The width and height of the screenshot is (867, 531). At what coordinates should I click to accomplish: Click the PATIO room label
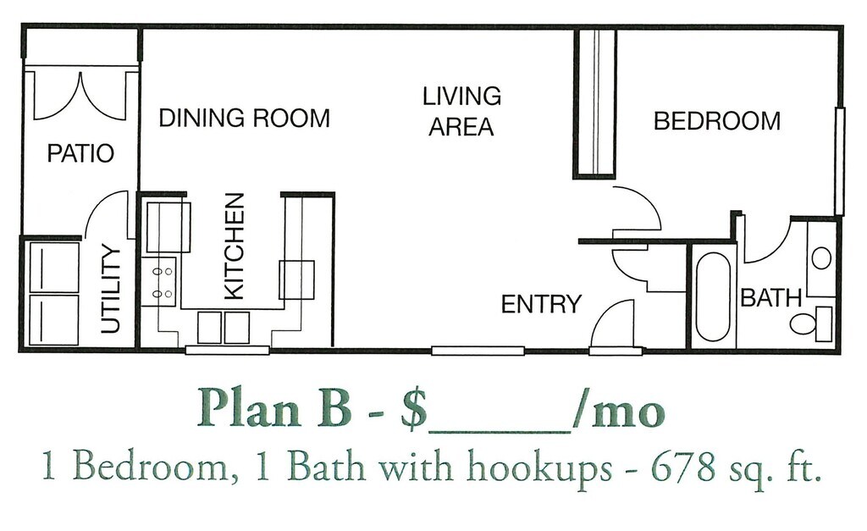coord(80,154)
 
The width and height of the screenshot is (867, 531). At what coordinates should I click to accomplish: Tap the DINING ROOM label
coord(244,118)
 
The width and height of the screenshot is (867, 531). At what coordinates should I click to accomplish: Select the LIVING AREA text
coord(461,111)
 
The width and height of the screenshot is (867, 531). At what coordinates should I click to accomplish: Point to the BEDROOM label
coord(716,121)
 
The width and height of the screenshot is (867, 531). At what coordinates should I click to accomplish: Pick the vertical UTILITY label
coord(112,289)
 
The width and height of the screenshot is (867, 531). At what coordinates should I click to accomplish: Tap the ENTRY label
coord(541,303)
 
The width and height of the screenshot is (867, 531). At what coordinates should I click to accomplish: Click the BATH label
coord(770,297)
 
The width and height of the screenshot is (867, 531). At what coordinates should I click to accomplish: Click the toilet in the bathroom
coord(808,324)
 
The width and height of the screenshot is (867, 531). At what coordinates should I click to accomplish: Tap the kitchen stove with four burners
coord(163,282)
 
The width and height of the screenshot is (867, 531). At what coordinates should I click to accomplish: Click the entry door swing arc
coord(611,323)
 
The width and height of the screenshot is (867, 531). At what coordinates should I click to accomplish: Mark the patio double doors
coord(80,96)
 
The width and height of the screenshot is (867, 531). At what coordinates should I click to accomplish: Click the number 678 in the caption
coord(671,469)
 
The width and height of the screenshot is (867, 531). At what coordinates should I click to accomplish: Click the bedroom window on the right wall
coord(840,161)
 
